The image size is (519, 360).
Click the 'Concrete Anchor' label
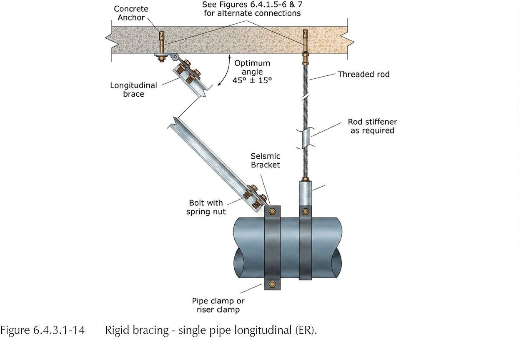pyautogui.click(x=131, y=13)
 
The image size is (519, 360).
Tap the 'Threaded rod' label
pyautogui.click(x=364, y=75)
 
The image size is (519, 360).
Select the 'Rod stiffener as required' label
pyautogui.click(x=372, y=126)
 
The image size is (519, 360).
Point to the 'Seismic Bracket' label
pyautogui.click(x=265, y=160)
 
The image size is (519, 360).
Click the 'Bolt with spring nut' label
pyautogui.click(x=207, y=207)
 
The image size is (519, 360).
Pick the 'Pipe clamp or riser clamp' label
pyautogui.click(x=218, y=305)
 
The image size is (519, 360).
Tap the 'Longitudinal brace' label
pyautogui.click(x=133, y=90)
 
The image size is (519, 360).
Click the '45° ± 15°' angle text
pyautogui.click(x=252, y=81)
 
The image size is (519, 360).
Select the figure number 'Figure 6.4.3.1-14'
pyautogui.click(x=42, y=331)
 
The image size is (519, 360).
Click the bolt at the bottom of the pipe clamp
pyautogui.click(x=272, y=284)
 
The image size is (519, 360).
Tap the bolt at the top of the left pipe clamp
pyautogui.click(x=272, y=211)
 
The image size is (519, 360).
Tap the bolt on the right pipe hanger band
pyautogui.click(x=306, y=211)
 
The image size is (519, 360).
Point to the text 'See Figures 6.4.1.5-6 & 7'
pyautogui.click(x=251, y=5)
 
